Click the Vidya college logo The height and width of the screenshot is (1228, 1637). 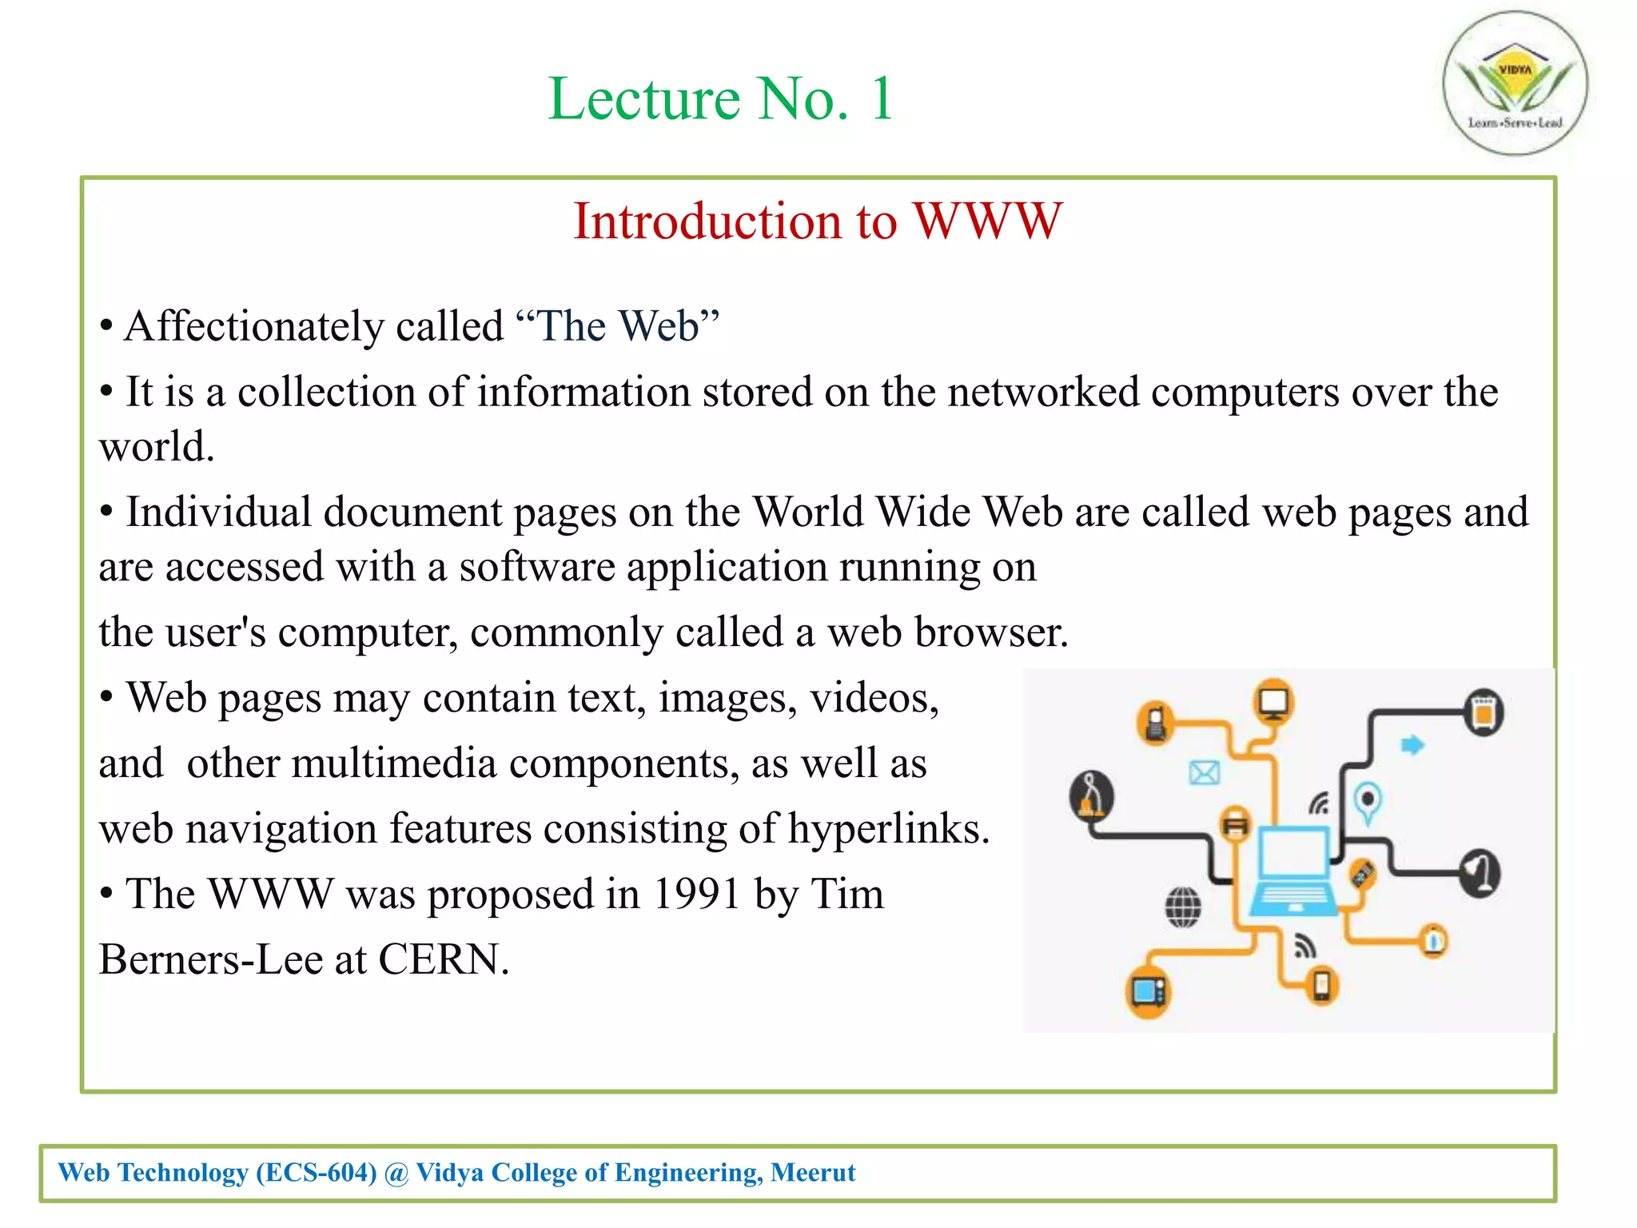1515,83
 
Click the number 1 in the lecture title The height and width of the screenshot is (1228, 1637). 882,99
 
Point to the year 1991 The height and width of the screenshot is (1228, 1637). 696,894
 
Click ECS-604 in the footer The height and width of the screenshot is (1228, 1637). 316,1173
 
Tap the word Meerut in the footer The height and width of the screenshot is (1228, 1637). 813,1173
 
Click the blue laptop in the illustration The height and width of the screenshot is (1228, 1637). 1292,871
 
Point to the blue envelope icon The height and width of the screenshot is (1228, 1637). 1204,772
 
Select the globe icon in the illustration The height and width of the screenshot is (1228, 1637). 1183,907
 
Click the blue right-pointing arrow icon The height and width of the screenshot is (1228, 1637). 1412,745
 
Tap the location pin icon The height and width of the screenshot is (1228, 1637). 1368,801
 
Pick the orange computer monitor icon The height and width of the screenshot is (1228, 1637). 1273,701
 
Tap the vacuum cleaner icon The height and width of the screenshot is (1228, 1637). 1092,795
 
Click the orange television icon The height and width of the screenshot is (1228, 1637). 1149,992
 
